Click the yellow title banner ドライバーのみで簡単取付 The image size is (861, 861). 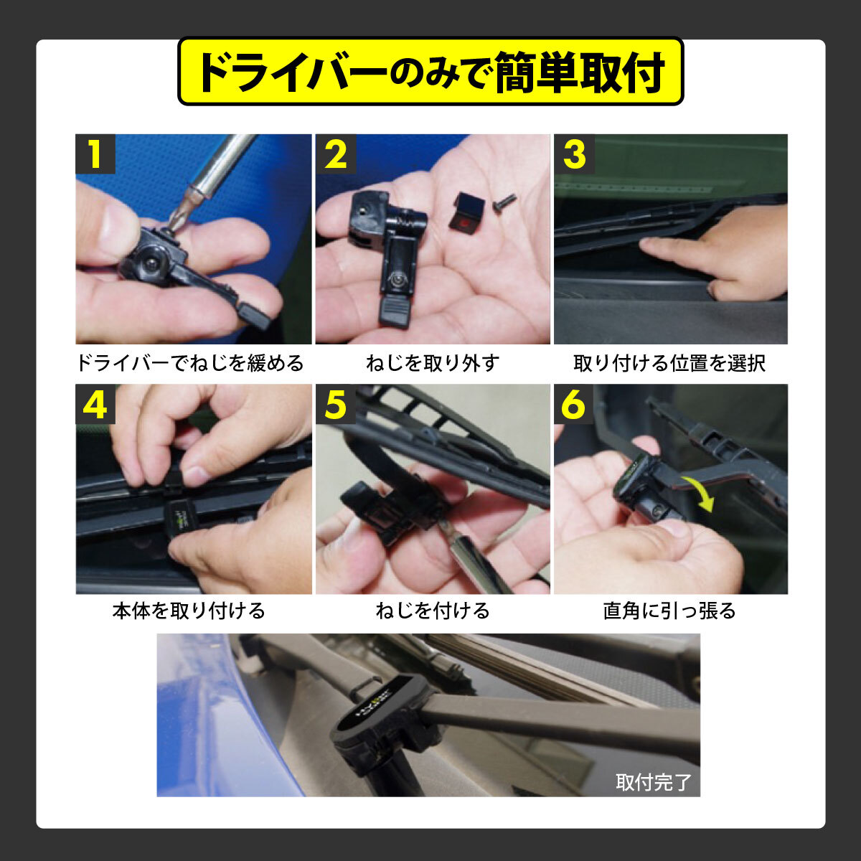(x=430, y=71)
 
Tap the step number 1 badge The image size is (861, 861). (x=95, y=154)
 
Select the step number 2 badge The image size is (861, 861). (x=336, y=154)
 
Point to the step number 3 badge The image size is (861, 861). (x=574, y=154)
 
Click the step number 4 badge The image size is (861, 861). (x=95, y=404)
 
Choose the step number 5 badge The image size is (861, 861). (x=336, y=404)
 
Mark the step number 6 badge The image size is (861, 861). (x=574, y=404)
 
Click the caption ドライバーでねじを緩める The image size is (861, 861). (x=191, y=363)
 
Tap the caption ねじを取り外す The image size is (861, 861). (x=433, y=363)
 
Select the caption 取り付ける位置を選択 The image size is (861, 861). (x=669, y=363)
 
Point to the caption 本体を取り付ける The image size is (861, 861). (x=189, y=611)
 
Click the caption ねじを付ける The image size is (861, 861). (x=433, y=611)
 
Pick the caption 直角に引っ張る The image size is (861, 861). (x=669, y=611)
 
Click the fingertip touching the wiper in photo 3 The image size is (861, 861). (x=649, y=243)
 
